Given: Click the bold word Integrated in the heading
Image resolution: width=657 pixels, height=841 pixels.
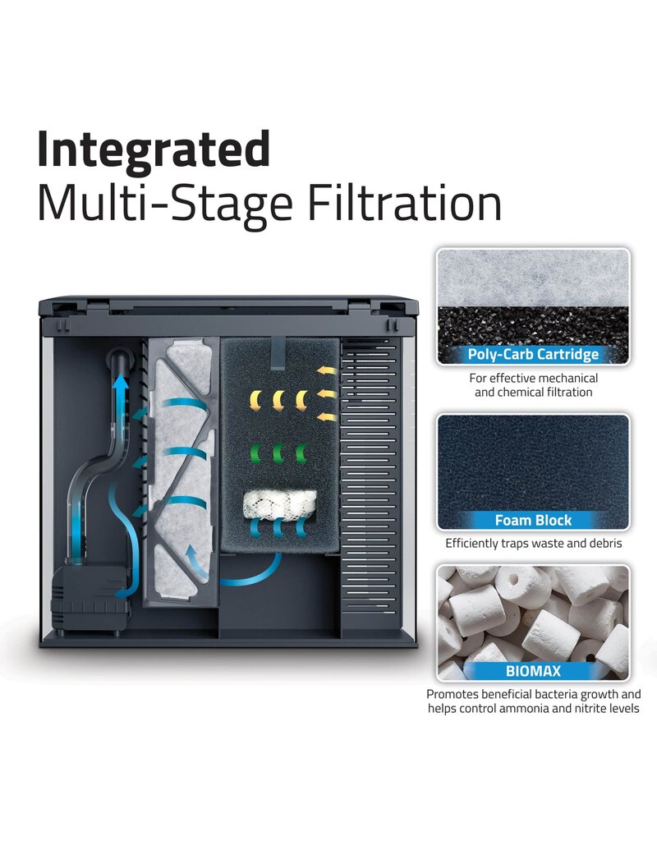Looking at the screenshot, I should pos(154,149).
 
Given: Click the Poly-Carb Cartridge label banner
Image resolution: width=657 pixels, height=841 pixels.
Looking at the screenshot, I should pos(533,355).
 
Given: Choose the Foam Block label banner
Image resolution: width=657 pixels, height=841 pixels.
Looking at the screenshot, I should pos(533,520).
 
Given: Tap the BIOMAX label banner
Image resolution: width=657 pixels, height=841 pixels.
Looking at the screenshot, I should pos(533,671).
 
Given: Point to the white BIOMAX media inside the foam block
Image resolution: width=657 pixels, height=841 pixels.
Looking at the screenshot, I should pos(276,505).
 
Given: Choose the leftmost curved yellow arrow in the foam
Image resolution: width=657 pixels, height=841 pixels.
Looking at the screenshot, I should pos(255,400).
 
